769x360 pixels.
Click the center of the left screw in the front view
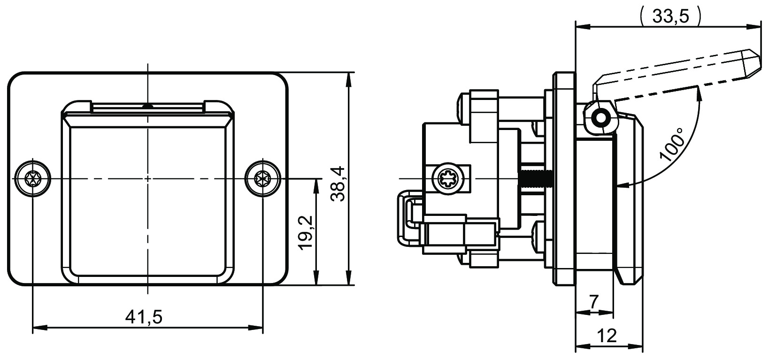pyautogui.click(x=32, y=179)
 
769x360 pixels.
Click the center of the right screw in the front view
pyautogui.click(x=262, y=179)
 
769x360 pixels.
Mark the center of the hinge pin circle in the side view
pyautogui.click(x=601, y=118)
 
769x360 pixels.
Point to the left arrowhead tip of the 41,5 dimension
pyautogui.click(x=32, y=328)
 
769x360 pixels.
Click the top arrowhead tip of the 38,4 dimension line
pyautogui.click(x=349, y=73)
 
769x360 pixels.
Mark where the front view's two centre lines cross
pyautogui.click(x=148, y=179)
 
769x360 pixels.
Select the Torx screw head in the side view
pyautogui.click(x=448, y=179)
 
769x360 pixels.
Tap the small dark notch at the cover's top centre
pyautogui.click(x=147, y=106)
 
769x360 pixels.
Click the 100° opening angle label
pyautogui.click(x=671, y=145)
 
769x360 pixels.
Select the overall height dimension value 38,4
pyautogui.click(x=338, y=184)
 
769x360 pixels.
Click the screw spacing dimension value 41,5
pyautogui.click(x=144, y=317)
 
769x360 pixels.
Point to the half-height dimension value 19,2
pyautogui.click(x=305, y=233)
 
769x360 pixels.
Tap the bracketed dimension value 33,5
pyautogui.click(x=670, y=16)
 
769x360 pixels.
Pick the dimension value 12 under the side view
pyautogui.click(x=607, y=336)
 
